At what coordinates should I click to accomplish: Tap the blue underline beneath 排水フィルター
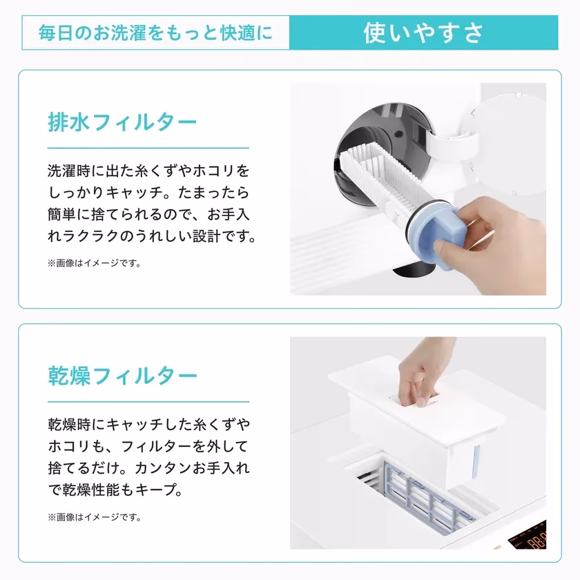[148, 148]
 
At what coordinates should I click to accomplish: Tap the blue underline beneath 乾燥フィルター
[148, 401]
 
